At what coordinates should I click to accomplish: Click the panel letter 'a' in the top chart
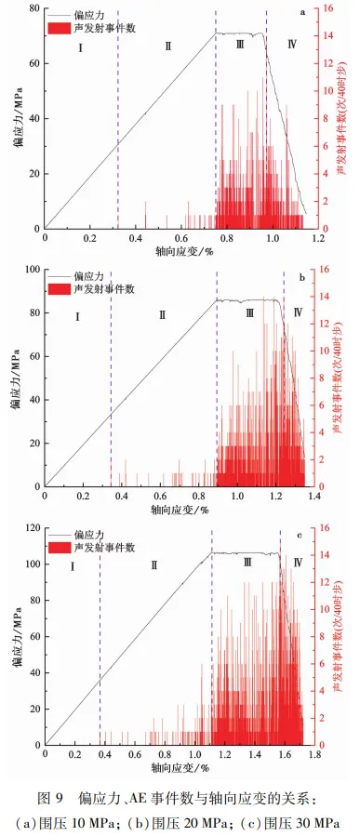pos(302,12)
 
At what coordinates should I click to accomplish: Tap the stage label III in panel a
pos(239,46)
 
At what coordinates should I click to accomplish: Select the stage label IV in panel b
pos(298,312)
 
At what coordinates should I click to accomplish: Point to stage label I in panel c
pos(72,565)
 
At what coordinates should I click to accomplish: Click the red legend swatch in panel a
pos(59,28)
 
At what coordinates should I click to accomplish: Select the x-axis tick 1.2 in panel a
pos(318,238)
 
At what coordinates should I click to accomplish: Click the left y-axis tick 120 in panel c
pos(33,528)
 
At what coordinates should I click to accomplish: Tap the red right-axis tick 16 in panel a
pos(327,8)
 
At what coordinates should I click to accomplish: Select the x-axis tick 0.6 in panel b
pos(160,496)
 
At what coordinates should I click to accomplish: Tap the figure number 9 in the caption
pos(60,799)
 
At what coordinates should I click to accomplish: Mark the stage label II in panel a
pos(168,46)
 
